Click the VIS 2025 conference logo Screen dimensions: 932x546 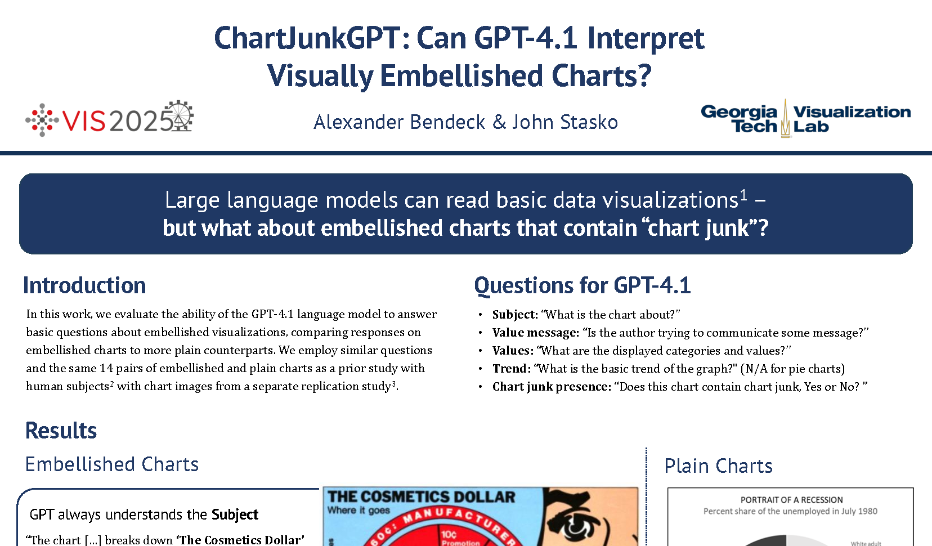tap(109, 119)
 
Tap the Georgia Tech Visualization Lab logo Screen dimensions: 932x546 tap(806, 119)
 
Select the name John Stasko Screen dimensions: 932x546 tap(565, 122)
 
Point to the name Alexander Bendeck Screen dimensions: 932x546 tap(400, 122)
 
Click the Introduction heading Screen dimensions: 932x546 tap(84, 285)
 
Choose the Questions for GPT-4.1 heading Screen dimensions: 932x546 tap(582, 286)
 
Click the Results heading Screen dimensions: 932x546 tap(61, 430)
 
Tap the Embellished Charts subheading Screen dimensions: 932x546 tap(112, 464)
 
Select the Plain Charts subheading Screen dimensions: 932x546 tap(719, 466)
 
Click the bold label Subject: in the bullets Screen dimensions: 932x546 tap(515, 315)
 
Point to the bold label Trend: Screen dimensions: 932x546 tap(512, 369)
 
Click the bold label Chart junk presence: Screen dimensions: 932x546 tap(552, 387)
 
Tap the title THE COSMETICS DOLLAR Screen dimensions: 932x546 tap(422, 497)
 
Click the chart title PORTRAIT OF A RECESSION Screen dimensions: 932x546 tap(791, 500)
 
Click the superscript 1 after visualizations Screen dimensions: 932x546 tap(743, 194)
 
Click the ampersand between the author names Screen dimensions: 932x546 tap(499, 122)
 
